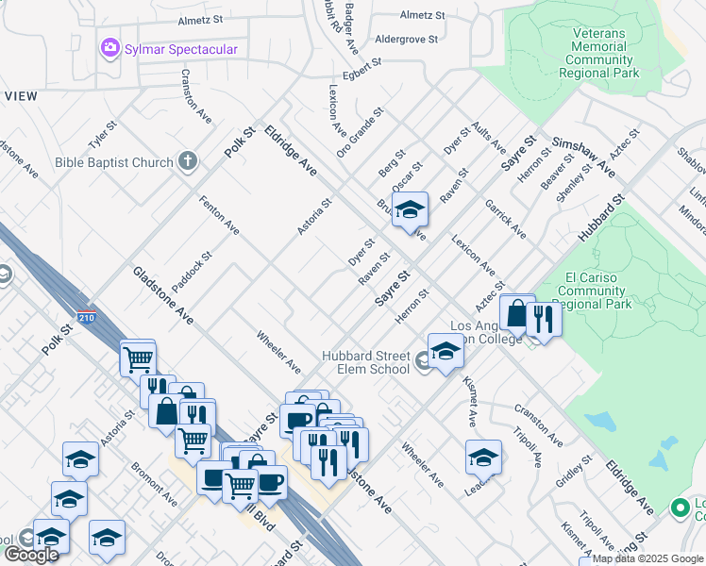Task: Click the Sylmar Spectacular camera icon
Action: [x=110, y=47]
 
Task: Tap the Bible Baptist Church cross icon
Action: [x=187, y=161]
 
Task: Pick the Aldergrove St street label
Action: [x=407, y=40]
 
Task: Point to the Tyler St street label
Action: [x=102, y=134]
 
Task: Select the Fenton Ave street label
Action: [x=218, y=214]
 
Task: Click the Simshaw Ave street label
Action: [x=583, y=155]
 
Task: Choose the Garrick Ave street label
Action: [x=506, y=219]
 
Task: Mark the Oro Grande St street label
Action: [x=360, y=132]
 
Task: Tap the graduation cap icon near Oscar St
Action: [x=411, y=211]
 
